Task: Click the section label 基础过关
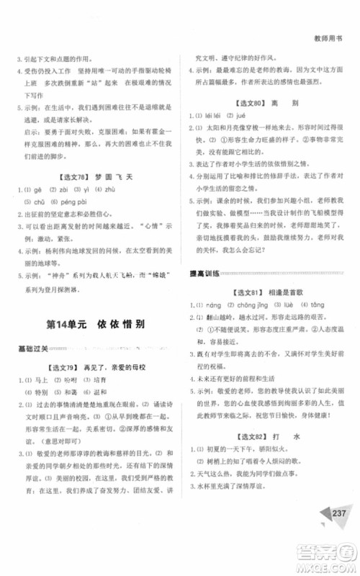[33, 348]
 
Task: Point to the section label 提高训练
[204, 271]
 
